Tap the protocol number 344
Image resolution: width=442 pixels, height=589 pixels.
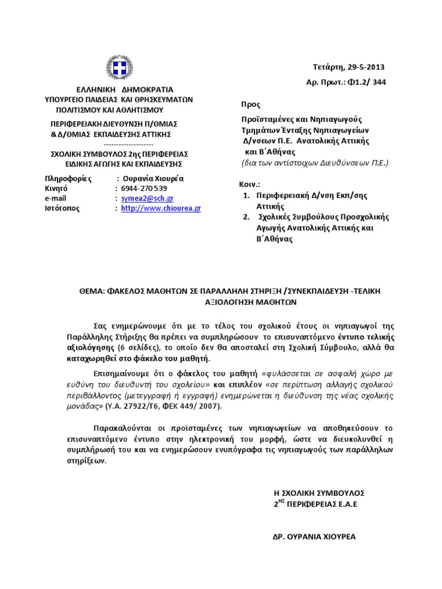coord(378,82)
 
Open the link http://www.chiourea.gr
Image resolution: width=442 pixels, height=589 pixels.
coord(161,208)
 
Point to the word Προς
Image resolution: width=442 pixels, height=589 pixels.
coord(250,105)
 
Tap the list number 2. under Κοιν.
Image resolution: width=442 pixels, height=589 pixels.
coord(246,217)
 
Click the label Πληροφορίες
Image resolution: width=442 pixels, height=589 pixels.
coord(68,178)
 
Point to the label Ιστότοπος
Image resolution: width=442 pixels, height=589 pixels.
coord(63,208)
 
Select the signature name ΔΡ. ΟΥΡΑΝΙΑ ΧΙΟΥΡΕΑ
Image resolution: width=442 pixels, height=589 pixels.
coord(314,537)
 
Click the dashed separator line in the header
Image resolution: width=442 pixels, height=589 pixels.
coord(129,144)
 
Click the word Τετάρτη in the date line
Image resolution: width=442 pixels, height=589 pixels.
coord(327,67)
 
